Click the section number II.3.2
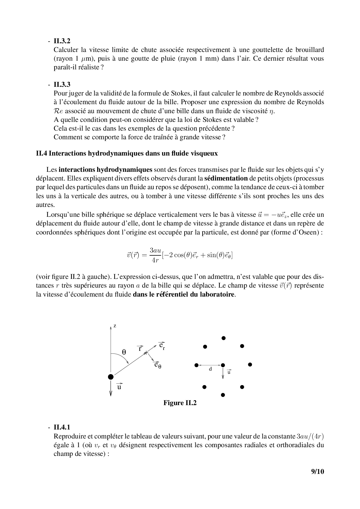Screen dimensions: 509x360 tap(62, 41)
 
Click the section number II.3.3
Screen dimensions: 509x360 tap(62, 85)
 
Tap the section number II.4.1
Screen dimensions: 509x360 tap(62, 427)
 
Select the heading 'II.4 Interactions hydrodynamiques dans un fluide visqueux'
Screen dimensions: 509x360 tap(127, 154)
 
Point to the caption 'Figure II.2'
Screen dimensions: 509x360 tap(180, 403)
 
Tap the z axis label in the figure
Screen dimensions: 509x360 tap(115, 326)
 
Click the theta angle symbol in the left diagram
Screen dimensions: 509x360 tap(124, 352)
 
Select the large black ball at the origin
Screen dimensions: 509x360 tap(111, 377)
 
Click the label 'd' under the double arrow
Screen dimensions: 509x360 tap(210, 369)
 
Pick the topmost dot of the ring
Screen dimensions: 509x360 tap(223, 338)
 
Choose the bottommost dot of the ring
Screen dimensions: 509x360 tap(223, 395)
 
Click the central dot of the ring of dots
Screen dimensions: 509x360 tap(223, 365)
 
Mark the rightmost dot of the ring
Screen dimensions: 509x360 tap(250, 364)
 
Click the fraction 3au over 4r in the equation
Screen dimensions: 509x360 tap(155, 255)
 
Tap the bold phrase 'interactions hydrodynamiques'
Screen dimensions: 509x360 tap(105, 169)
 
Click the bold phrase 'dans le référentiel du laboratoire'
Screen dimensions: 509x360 tap(183, 294)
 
